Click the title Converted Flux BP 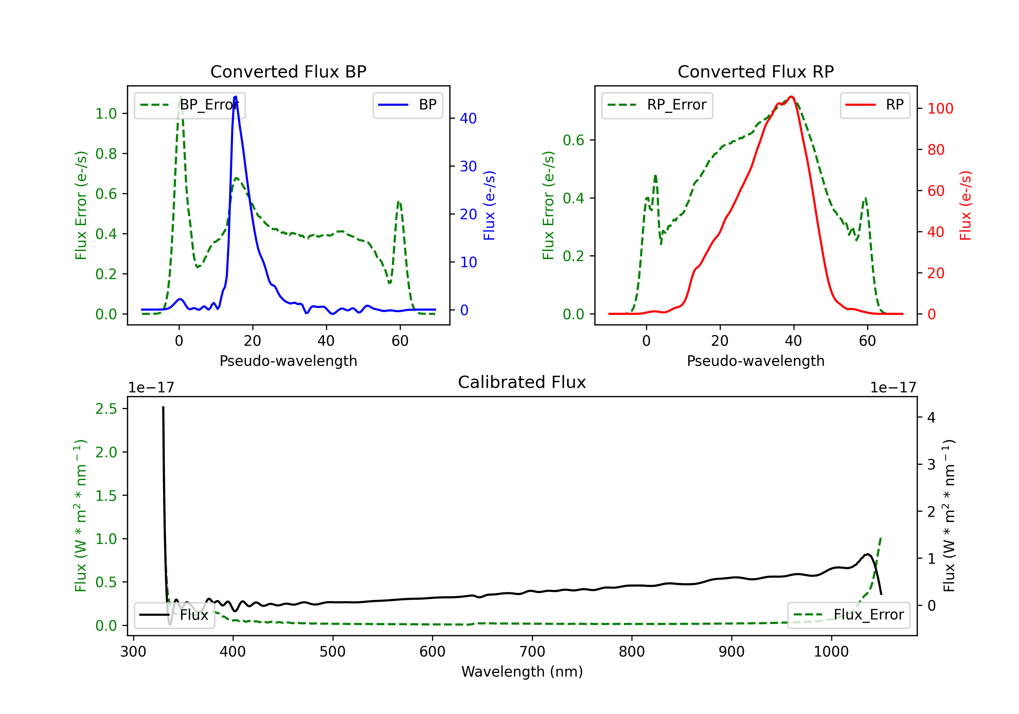click(x=288, y=71)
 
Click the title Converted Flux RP click(x=755, y=71)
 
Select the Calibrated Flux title click(x=522, y=382)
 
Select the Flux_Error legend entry click(x=848, y=615)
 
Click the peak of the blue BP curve click(x=235, y=97)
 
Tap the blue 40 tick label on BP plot click(x=468, y=118)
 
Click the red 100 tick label click(x=941, y=108)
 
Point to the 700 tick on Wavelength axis click(x=532, y=651)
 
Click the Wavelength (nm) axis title click(x=522, y=671)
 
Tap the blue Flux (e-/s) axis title click(x=489, y=205)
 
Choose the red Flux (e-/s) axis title click(x=966, y=205)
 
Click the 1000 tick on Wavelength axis click(x=831, y=651)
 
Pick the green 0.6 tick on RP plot click(x=573, y=140)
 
